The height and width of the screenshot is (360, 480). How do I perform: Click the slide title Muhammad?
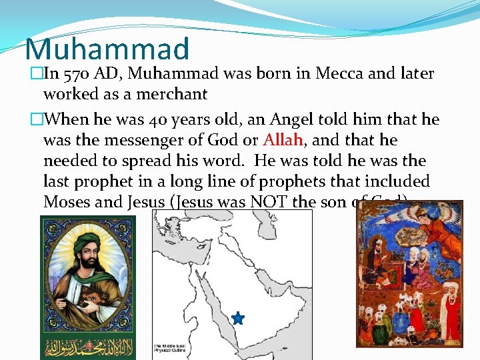click(x=107, y=49)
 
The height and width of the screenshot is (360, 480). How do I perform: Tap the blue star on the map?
click(x=238, y=319)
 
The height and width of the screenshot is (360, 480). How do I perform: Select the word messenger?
click(x=145, y=140)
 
